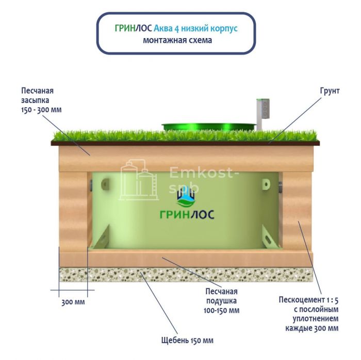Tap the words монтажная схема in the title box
pos(178,41)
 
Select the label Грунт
pos(329,91)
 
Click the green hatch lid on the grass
pos(208,125)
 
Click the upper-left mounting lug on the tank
pos(106,183)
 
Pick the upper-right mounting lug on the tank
pos(266,184)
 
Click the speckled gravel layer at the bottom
pos(186,275)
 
